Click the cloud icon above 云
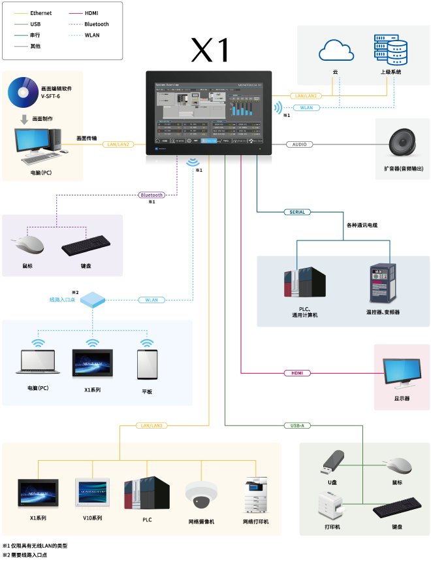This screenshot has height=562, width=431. pyautogui.click(x=336, y=50)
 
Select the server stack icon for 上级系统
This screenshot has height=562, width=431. pyautogui.click(x=391, y=50)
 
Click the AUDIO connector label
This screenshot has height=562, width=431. pyautogui.click(x=299, y=144)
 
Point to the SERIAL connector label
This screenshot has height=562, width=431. pyautogui.click(x=297, y=212)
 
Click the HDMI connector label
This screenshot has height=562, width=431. pyautogui.click(x=297, y=373)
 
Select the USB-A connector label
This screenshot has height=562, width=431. pyautogui.click(x=297, y=425)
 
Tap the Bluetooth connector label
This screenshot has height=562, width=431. pyautogui.click(x=152, y=195)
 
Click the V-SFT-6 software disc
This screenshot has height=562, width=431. pyautogui.click(x=24, y=92)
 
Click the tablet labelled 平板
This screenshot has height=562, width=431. pyautogui.click(x=147, y=365)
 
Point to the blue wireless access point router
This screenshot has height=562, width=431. pyautogui.click(x=92, y=300)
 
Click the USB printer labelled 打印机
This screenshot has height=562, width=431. pyautogui.click(x=330, y=506)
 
